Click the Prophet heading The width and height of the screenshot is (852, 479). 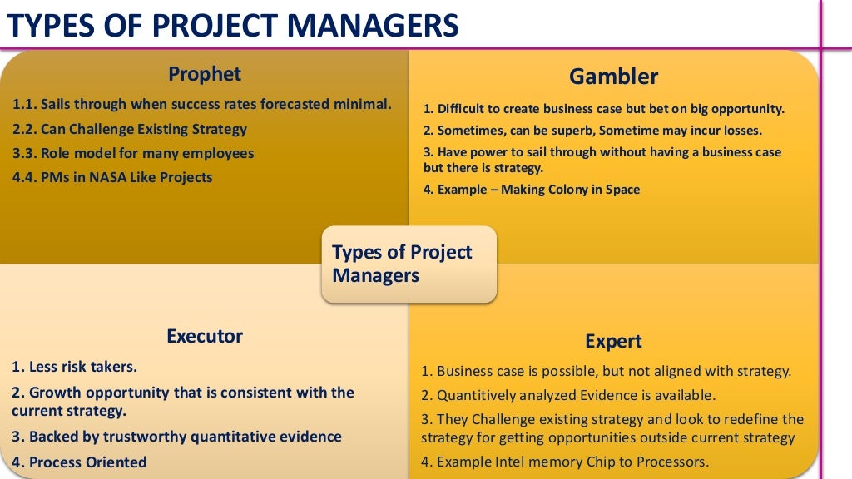point(205,74)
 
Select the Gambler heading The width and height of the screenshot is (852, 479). point(613,77)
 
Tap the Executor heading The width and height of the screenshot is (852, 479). point(205,336)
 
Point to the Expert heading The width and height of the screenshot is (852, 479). point(613,341)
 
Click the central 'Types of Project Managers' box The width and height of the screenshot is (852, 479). point(409,264)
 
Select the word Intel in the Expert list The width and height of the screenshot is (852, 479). point(523,462)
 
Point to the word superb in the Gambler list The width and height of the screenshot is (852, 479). point(572,131)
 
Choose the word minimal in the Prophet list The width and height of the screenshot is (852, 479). point(363,105)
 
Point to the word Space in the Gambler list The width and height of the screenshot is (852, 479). point(622,190)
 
